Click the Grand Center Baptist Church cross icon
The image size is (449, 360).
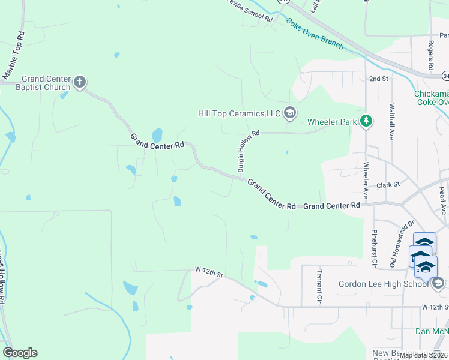(80, 82)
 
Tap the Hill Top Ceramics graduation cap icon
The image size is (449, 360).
(290, 113)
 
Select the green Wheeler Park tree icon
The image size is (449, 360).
(366, 122)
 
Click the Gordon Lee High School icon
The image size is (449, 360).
(438, 283)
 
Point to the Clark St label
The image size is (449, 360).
(388, 185)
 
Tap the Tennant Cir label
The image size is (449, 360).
(319, 284)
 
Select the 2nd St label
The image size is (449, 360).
(379, 79)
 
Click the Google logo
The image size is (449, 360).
(20, 353)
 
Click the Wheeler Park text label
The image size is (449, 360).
(332, 122)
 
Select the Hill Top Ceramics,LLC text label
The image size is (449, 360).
(240, 113)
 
